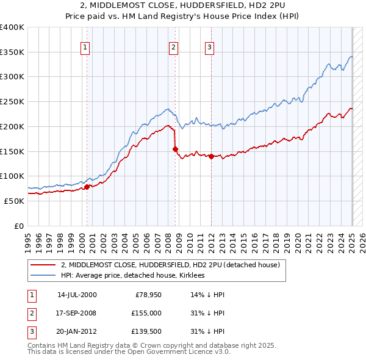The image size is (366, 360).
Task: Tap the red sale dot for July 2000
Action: [x=87, y=187]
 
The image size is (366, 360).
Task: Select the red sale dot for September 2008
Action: [x=175, y=149]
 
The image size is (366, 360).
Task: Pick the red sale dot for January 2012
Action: [x=211, y=157]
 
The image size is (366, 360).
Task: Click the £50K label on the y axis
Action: [x=14, y=201]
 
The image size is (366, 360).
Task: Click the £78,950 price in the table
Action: [x=146, y=295]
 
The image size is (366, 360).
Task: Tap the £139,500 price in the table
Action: [x=146, y=331]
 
